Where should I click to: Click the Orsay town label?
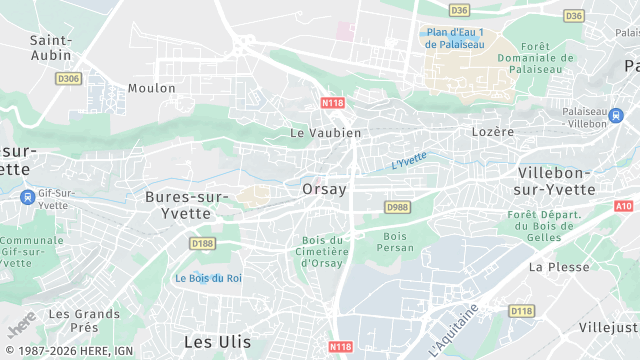click(x=324, y=188)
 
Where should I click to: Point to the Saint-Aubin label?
click(x=50, y=47)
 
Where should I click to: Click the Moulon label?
click(x=152, y=88)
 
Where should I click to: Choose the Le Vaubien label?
click(x=325, y=132)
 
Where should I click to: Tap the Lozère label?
click(x=492, y=131)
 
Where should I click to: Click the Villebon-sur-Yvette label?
click(x=542, y=180)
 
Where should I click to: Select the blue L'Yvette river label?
click(x=408, y=159)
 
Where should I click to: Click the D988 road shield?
click(x=397, y=207)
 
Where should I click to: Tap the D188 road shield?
click(x=202, y=243)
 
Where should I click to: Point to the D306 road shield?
click(x=68, y=78)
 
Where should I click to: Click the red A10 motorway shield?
click(x=624, y=206)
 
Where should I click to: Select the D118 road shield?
click(x=521, y=311)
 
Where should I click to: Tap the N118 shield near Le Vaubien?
click(x=333, y=102)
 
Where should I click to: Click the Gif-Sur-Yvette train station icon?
click(x=26, y=197)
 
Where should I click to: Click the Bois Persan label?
click(x=394, y=242)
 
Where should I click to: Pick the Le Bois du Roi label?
click(x=208, y=278)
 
